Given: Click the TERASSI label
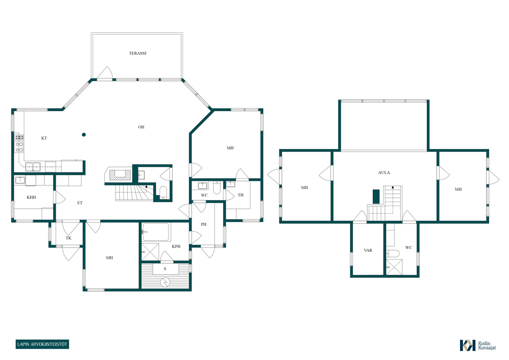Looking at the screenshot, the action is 138,53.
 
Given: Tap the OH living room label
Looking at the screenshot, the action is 141,127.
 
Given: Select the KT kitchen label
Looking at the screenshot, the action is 44,138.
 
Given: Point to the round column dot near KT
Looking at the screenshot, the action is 84,135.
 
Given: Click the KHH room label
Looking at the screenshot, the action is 31,197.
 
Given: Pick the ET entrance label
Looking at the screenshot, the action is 80,203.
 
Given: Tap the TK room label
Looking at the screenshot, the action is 68,238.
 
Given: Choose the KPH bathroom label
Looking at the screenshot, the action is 176,246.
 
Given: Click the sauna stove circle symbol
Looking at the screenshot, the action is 166,282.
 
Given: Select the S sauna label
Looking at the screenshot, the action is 165,269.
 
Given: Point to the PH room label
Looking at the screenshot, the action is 204,224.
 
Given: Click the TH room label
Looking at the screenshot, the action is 241,195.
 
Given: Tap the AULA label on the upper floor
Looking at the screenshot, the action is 384,172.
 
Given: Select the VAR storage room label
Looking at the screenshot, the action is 368,250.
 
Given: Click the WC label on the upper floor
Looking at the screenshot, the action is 408,247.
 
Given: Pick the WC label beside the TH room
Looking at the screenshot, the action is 204,195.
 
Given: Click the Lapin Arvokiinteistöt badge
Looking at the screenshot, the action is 42,344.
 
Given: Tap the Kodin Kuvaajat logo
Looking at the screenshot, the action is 478,346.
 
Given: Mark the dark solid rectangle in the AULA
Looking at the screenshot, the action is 376,197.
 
